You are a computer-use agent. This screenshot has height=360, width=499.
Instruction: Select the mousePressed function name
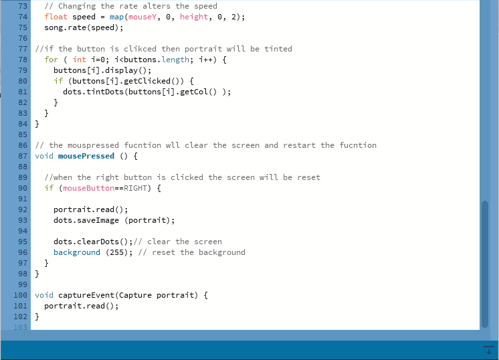tap(86, 156)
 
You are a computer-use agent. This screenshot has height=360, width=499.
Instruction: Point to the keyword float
tap(56, 17)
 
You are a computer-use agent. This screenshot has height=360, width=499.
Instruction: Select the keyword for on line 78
tap(52, 60)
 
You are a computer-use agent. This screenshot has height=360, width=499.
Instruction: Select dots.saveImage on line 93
tap(86, 220)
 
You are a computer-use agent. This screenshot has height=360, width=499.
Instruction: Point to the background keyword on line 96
tap(77, 252)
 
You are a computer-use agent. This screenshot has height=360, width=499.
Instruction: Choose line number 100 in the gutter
tap(21, 295)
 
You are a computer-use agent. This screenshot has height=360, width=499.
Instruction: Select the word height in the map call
tap(194, 17)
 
